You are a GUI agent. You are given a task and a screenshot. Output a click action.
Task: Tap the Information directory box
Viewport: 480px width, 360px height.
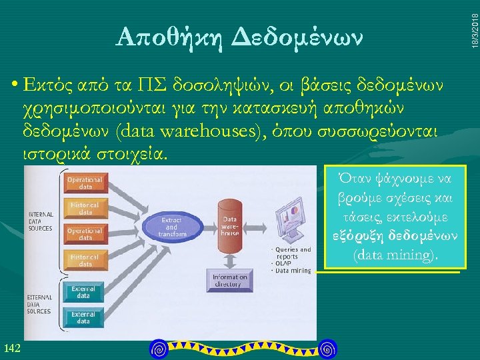click(x=229, y=281)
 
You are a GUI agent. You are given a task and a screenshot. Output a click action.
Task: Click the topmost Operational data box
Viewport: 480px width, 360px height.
click(x=85, y=183)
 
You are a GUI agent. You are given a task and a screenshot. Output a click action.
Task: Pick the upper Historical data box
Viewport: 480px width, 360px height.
click(x=85, y=208)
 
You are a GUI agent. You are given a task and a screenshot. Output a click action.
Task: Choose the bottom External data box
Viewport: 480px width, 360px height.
click(x=83, y=317)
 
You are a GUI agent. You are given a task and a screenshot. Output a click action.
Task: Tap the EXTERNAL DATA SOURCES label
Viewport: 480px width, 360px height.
click(x=39, y=303)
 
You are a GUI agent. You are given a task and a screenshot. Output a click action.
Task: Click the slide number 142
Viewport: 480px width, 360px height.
click(x=12, y=347)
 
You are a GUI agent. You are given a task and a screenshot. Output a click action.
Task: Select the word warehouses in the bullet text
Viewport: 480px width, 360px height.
click(x=216, y=131)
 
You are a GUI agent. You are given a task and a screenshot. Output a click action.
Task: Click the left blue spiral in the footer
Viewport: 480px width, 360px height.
click(x=158, y=348)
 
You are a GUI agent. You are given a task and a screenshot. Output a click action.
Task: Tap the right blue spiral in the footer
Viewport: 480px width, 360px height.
click(x=327, y=348)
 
